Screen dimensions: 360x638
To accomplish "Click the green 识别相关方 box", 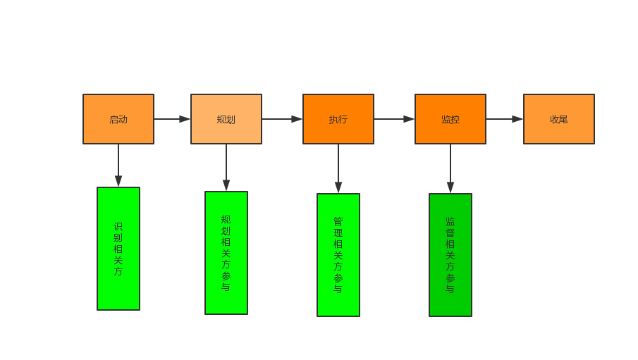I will coord(118,248).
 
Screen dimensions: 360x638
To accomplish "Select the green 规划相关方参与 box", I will coord(226,252).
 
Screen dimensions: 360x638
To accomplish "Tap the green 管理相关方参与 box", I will coord(338,254).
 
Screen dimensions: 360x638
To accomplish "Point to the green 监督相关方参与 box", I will coord(450,254).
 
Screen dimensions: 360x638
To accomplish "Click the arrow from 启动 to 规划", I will coord(172,119).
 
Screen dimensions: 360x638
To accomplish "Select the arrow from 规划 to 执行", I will coord(282,119).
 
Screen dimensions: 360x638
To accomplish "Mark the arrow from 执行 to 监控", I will coord(394,119).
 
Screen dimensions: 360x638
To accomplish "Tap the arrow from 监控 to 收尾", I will coord(504,119).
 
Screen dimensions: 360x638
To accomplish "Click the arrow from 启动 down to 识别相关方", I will coord(118,166).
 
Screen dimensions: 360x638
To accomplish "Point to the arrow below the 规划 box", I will coord(226,168).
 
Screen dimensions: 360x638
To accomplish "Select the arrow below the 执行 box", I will coord(338,169).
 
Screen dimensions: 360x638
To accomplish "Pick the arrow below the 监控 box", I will coord(450,169).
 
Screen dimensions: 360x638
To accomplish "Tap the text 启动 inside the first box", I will coord(118,120).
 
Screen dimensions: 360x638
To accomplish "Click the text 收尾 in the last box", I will coord(559,120).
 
